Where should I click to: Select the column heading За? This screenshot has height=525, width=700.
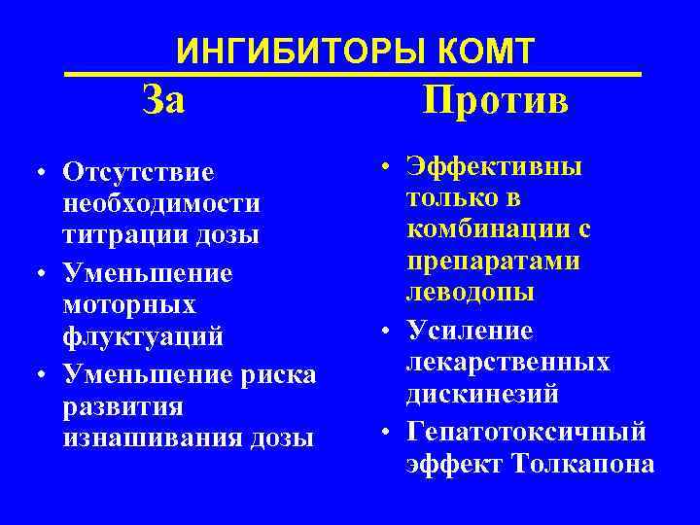pos(162,99)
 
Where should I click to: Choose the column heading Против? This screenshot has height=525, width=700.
pos(496,99)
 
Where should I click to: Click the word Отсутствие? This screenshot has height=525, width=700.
pos(138,172)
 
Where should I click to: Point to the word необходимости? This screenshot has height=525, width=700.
pos(160,204)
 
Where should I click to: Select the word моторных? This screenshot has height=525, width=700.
pos(128,305)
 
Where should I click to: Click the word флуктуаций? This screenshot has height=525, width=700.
pos(142,337)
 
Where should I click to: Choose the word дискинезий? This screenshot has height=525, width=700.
pos(484,395)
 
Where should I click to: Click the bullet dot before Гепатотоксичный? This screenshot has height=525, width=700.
pos(386,431)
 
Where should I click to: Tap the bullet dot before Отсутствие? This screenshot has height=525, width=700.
pos(46,174)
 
